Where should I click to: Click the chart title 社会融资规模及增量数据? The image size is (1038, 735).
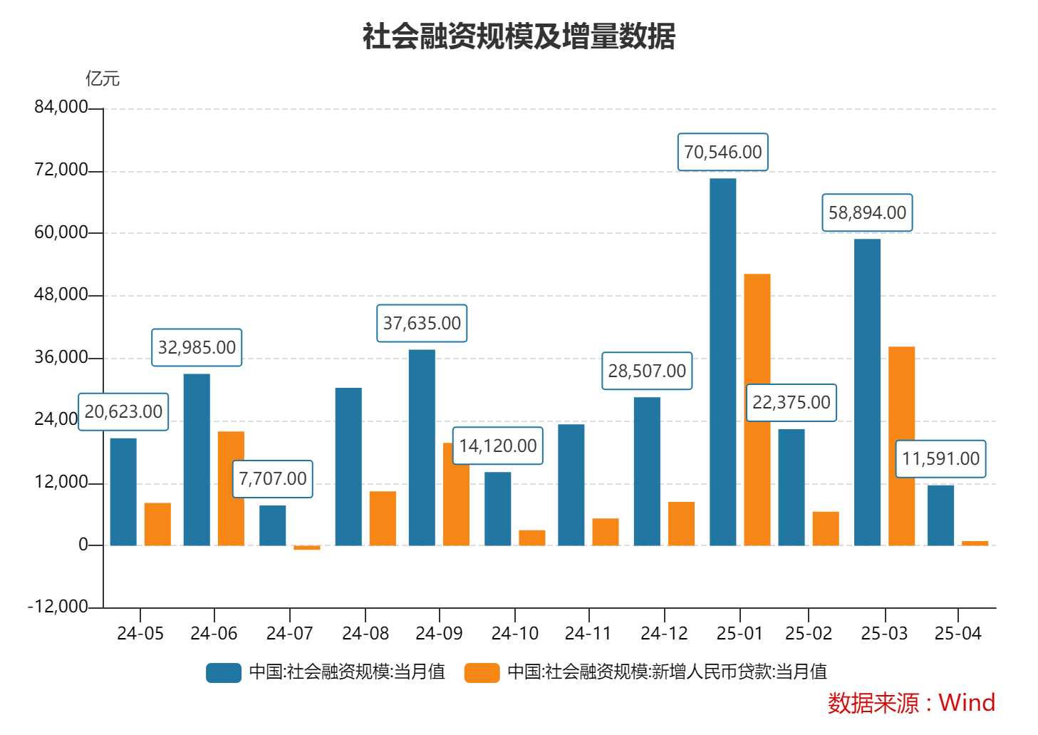[519, 36]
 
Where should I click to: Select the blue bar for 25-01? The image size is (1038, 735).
[722, 362]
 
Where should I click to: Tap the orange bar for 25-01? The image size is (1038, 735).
[757, 410]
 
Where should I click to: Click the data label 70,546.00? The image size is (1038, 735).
[722, 152]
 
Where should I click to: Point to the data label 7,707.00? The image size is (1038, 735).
[272, 478]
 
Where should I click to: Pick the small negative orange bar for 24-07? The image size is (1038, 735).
[306, 548]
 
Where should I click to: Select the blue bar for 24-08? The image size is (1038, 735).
[348, 467]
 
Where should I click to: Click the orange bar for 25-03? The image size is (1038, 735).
[901, 446]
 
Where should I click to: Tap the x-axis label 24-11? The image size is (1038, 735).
[588, 633]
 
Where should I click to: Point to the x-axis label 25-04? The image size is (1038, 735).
[957, 633]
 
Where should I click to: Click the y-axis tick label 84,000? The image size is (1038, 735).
[61, 107]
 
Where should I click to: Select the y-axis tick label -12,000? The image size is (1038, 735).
[58, 607]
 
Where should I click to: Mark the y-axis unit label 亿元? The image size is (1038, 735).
[103, 78]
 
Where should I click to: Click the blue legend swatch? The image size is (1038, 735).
[224, 672]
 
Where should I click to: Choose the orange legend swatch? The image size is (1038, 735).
[482, 672]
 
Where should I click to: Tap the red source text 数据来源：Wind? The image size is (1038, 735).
[911, 703]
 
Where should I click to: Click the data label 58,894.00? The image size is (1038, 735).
[867, 212]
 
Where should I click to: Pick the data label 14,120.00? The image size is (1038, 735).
[497, 446]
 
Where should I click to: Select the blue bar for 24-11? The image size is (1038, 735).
[571, 485]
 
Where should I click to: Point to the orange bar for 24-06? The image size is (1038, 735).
[231, 488]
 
